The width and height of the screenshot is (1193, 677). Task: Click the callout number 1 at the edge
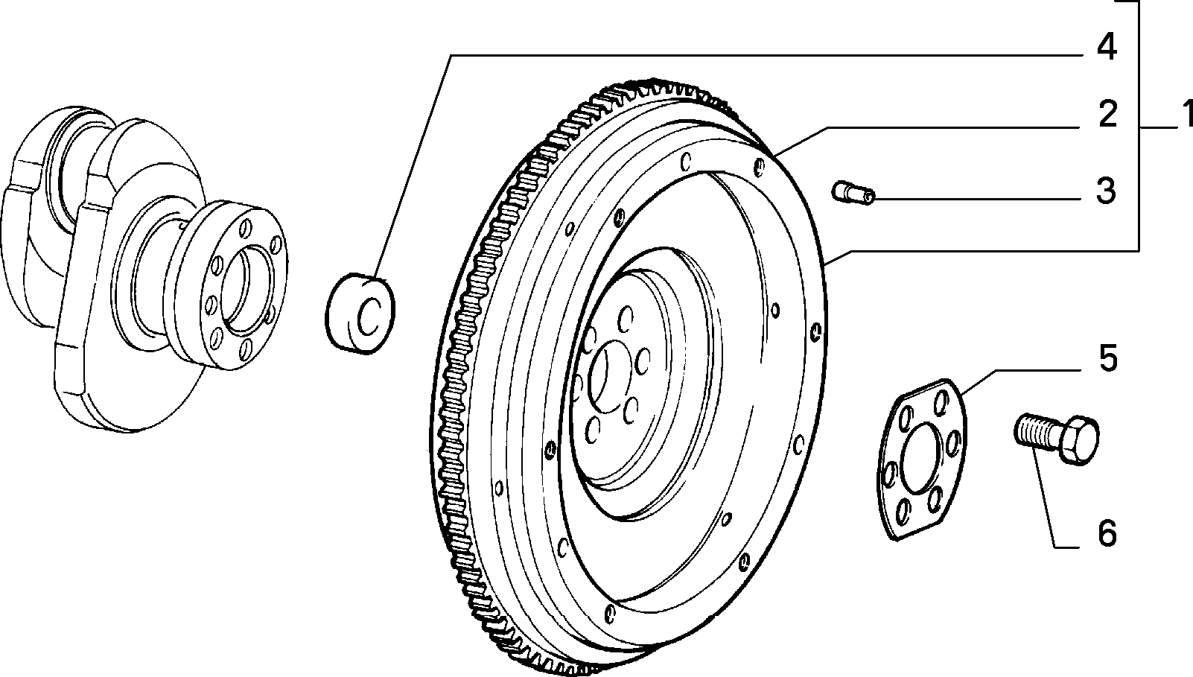1186,115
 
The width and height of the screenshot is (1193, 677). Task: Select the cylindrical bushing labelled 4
360,313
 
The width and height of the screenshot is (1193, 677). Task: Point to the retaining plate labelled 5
921,460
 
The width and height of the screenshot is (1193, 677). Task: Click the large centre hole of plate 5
920,457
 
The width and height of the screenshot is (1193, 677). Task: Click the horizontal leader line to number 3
977,199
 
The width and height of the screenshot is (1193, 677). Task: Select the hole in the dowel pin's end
868,198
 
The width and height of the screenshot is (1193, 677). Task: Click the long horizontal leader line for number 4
765,55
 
